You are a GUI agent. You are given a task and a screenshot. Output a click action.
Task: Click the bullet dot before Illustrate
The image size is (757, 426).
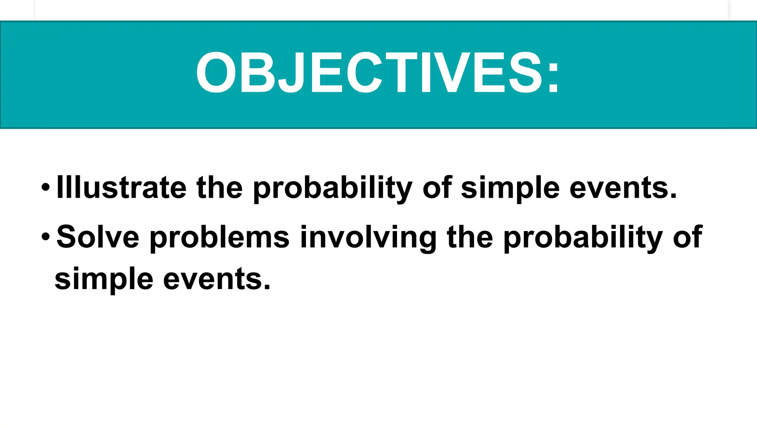pyautogui.click(x=45, y=187)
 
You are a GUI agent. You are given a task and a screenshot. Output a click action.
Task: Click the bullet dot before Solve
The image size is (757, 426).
pyautogui.click(x=45, y=236)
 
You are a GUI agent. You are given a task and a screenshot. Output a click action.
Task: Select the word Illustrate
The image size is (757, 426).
pyautogui.click(x=121, y=187)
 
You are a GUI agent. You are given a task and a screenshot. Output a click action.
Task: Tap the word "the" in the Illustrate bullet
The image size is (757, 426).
pyautogui.click(x=220, y=187)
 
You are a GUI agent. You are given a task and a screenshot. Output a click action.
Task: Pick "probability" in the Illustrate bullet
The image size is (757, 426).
pyautogui.click(x=332, y=189)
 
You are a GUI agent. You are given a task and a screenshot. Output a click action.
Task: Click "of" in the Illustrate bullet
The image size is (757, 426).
pyautogui.click(x=437, y=187)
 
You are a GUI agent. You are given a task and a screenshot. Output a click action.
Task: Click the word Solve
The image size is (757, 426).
pyautogui.click(x=98, y=237)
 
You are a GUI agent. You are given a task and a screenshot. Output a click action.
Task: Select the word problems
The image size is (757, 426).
pyautogui.click(x=220, y=238)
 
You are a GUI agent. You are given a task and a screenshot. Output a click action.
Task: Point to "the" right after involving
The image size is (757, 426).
pyautogui.click(x=470, y=237)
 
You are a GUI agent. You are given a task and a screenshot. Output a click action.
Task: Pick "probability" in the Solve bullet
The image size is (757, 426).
pyautogui.click(x=583, y=238)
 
